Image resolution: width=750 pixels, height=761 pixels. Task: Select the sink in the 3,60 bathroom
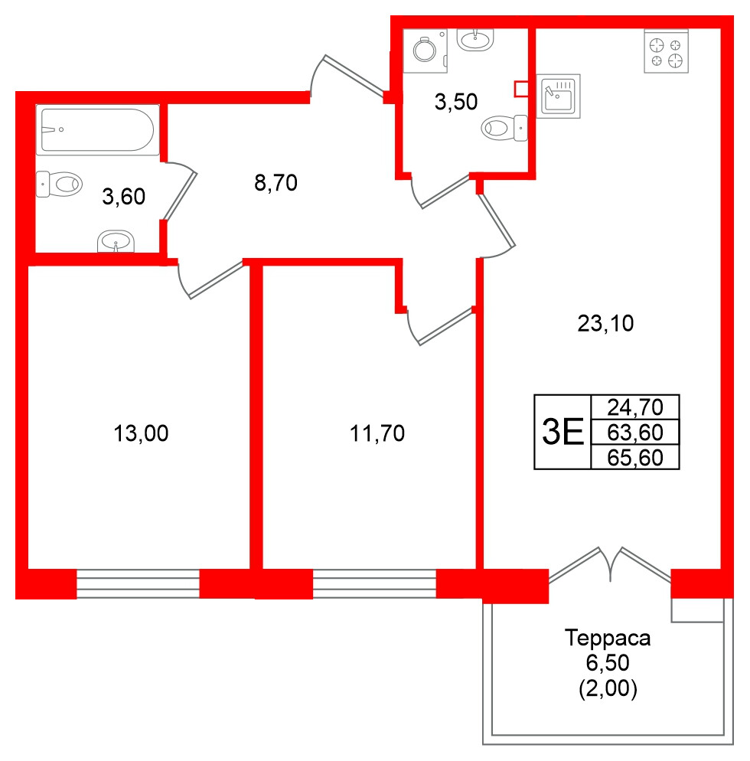(x=116, y=243)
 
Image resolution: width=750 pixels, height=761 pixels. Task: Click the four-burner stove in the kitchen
(x=666, y=51)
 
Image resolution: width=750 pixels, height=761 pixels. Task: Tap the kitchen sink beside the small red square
(x=558, y=96)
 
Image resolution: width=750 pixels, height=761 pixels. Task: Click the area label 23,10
(x=605, y=325)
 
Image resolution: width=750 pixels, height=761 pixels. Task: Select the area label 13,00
(x=140, y=434)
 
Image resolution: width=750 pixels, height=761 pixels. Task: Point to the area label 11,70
(x=377, y=434)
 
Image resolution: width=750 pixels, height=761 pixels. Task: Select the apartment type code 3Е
(x=562, y=433)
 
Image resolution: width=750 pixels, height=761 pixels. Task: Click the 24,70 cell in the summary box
(x=634, y=406)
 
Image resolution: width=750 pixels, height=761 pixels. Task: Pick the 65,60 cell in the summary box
(x=634, y=458)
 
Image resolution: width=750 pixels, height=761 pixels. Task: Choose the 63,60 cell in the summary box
(x=634, y=433)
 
